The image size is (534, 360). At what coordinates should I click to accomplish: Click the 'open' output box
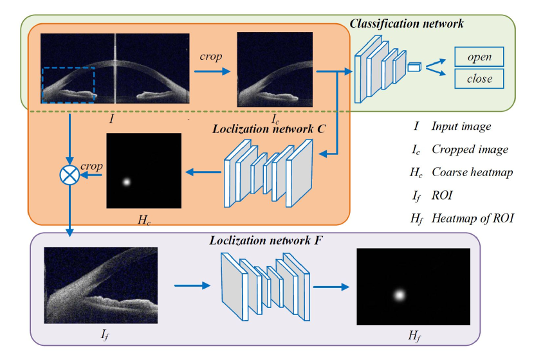tap(479, 57)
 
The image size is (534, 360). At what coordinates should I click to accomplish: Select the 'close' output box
tap(479, 79)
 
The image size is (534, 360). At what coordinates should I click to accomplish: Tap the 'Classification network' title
tap(406, 24)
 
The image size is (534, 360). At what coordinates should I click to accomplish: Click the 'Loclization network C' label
tap(268, 128)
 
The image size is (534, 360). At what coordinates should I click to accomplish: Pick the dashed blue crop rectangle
tap(68, 84)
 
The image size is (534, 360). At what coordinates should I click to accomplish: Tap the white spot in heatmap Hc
tap(127, 181)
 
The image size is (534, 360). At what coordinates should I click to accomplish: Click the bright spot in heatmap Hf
tap(399, 295)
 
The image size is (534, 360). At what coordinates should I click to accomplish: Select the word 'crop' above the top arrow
tap(210, 57)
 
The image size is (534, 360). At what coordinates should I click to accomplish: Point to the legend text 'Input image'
tap(461, 127)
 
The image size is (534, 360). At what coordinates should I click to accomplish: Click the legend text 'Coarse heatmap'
tap(472, 172)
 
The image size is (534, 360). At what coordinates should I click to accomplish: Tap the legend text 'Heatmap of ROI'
tap(474, 219)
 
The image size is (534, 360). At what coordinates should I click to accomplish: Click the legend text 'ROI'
tap(443, 195)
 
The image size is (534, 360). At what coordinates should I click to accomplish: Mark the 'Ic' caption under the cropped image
tap(275, 118)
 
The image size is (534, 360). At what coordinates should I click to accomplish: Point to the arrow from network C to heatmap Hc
tap(204, 172)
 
